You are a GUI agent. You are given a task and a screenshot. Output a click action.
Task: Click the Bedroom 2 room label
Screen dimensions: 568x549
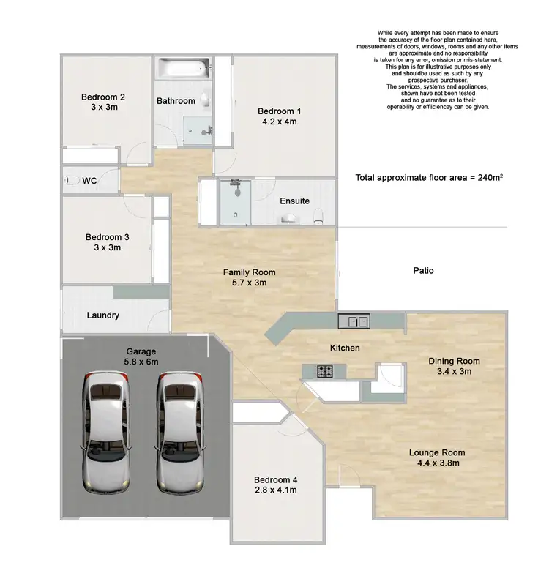pos(102,96)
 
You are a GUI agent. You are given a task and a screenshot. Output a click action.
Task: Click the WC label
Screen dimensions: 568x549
pos(90,180)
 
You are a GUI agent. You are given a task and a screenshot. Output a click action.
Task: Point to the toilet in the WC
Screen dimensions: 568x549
pos(72,180)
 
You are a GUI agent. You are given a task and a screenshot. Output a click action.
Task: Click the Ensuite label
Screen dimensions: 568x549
pos(295,201)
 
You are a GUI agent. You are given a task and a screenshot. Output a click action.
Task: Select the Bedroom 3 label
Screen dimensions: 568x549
pos(107,237)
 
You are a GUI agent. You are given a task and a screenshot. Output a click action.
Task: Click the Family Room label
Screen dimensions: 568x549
pos(250,272)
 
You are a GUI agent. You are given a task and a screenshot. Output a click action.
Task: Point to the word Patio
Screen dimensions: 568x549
pos(424,271)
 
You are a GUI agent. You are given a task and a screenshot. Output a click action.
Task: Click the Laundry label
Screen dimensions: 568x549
pos(102,316)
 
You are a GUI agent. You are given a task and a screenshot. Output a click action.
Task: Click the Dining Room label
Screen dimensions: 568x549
pos(454,361)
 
